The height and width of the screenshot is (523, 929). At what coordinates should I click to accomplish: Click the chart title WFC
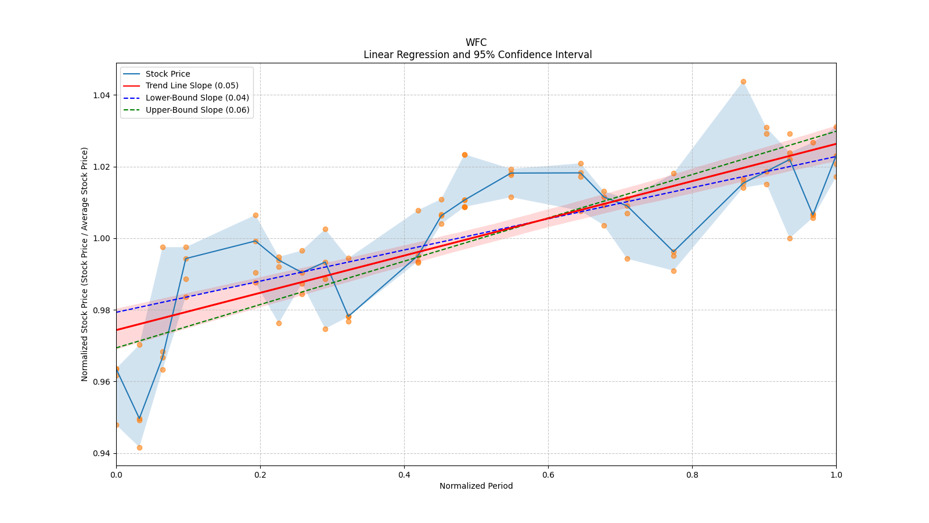(476, 42)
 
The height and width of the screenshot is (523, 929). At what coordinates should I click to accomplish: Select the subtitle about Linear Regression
(477, 55)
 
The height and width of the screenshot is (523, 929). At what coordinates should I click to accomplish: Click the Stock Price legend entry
(168, 74)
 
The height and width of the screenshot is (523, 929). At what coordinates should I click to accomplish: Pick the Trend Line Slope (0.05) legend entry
(192, 85)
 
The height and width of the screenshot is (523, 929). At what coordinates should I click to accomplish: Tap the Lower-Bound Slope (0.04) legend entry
(197, 98)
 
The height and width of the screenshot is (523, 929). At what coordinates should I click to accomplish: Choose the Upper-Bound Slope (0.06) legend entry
(197, 110)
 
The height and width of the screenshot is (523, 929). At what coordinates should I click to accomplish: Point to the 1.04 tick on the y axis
(102, 95)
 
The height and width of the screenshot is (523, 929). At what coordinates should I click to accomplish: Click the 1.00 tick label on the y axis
(102, 238)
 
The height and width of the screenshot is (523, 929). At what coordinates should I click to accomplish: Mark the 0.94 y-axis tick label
(102, 453)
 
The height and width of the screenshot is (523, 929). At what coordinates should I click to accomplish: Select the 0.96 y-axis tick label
(102, 382)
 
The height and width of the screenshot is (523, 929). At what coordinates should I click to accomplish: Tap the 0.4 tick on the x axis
(404, 475)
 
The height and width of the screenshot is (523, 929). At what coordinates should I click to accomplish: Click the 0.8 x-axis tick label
(692, 475)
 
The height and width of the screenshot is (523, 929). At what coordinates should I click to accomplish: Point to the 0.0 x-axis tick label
(116, 475)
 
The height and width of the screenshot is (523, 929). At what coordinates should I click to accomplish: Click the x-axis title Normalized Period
(476, 486)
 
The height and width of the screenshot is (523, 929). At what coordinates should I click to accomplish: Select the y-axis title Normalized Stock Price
(85, 264)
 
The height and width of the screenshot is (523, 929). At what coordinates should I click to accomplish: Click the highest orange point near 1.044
(743, 81)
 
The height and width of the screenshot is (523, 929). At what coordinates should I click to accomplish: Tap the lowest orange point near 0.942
(139, 447)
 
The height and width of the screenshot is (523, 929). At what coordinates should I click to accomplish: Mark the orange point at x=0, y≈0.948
(116, 425)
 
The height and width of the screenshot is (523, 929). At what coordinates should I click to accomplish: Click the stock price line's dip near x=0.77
(674, 252)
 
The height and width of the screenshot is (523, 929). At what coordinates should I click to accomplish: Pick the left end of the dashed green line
(117, 348)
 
